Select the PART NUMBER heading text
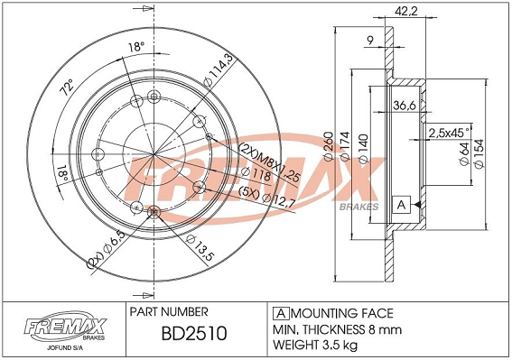click(x=170, y=311)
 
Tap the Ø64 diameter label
click(x=465, y=156)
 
